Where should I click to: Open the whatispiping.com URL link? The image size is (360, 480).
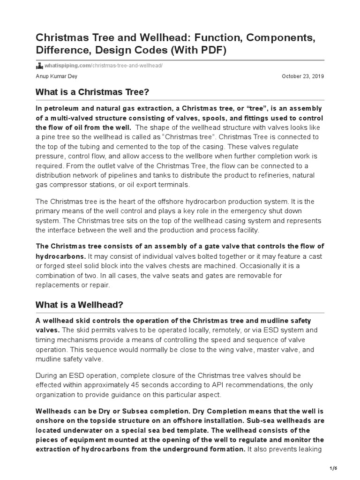(x=104, y=65)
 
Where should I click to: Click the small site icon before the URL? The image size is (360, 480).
(x=39, y=65)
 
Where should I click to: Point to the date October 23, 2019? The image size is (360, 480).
(x=303, y=76)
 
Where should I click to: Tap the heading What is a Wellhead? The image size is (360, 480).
(x=79, y=305)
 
